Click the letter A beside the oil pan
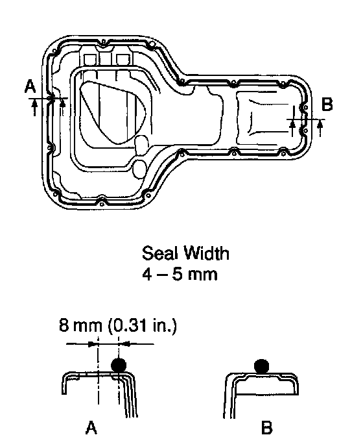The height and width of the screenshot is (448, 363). (x=30, y=86)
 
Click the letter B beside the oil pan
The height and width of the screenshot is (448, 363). (x=327, y=104)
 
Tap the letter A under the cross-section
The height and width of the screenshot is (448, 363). (x=91, y=427)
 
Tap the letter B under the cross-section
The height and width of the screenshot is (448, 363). (x=266, y=427)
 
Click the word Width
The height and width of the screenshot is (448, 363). (x=206, y=253)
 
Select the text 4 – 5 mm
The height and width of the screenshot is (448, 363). (x=180, y=275)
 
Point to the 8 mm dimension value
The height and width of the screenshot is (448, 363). (x=80, y=325)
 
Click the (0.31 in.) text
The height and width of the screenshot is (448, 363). (x=143, y=326)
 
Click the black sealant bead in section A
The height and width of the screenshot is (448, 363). (x=119, y=365)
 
